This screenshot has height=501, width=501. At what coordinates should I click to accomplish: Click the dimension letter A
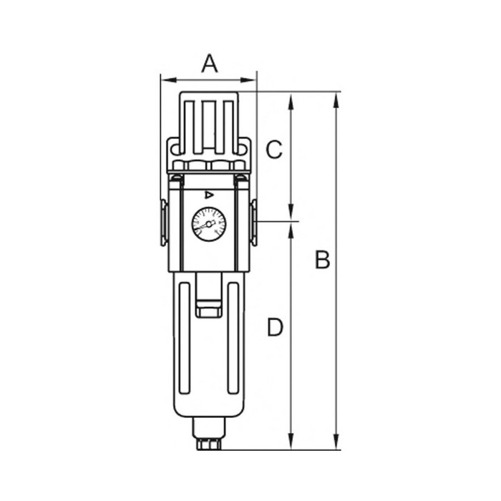pyautogui.click(x=210, y=64)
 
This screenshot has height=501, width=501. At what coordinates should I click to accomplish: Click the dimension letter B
pyautogui.click(x=322, y=259)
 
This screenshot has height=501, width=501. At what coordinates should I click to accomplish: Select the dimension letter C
pyautogui.click(x=274, y=150)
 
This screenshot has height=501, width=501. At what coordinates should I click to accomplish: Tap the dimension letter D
pyautogui.click(x=275, y=327)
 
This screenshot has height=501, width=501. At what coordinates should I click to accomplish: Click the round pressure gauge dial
pyautogui.click(x=209, y=224)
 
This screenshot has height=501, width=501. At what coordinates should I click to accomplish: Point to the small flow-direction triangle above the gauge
pyautogui.click(x=209, y=195)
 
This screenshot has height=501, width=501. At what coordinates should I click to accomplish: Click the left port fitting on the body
pyautogui.click(x=164, y=223)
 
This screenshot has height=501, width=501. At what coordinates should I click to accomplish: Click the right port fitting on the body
pyautogui.click(x=254, y=223)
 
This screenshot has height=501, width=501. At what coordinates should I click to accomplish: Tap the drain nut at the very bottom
pyautogui.click(x=208, y=444)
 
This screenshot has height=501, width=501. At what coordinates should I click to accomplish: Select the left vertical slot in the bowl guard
pyautogui.click(x=185, y=338)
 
